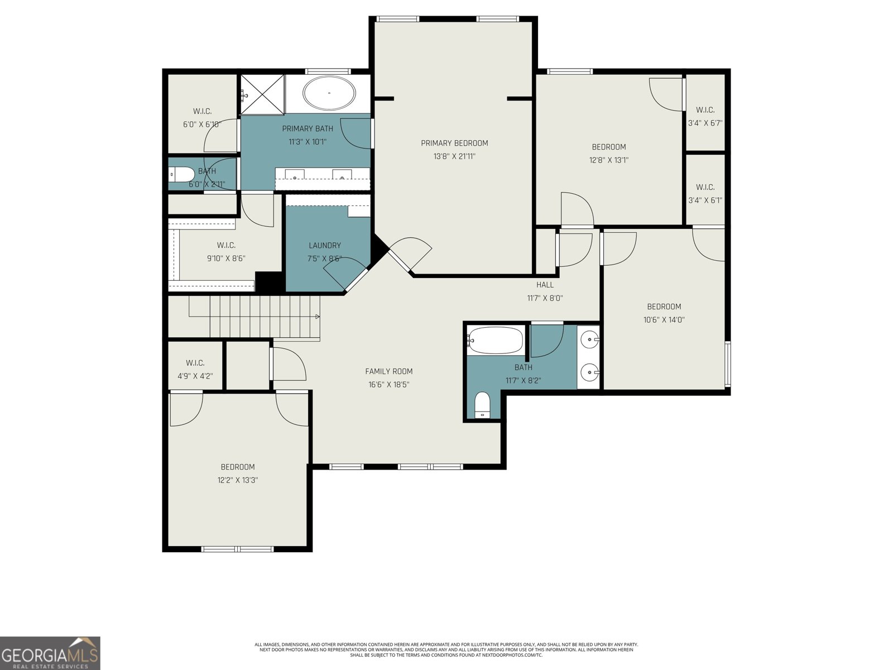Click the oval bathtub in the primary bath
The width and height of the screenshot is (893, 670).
pyautogui.click(x=329, y=93)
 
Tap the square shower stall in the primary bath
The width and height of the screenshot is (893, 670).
pyautogui.click(x=262, y=94)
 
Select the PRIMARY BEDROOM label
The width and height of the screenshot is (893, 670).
pyautogui.click(x=454, y=143)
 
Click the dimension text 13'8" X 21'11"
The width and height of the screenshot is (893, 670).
pyautogui.click(x=454, y=157)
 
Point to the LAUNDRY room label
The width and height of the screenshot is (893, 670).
pyautogui.click(x=325, y=246)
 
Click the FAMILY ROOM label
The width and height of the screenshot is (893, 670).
pyautogui.click(x=389, y=371)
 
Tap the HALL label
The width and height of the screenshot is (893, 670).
pyautogui.click(x=545, y=285)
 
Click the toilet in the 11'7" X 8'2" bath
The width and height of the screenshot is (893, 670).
pyautogui.click(x=482, y=405)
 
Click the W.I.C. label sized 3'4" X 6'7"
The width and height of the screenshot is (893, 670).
pyautogui.click(x=705, y=110)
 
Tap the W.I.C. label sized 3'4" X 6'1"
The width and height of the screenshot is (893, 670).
pyautogui.click(x=705, y=187)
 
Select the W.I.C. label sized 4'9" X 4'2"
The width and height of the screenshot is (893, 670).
pyautogui.click(x=195, y=363)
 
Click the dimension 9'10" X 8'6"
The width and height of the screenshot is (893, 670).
pyautogui.click(x=226, y=259)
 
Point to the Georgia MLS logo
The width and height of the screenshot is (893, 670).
pyautogui.click(x=50, y=653)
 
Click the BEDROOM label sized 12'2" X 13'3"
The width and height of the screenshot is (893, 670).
pyautogui.click(x=238, y=467)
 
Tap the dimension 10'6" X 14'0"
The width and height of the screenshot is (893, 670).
pyautogui.click(x=664, y=320)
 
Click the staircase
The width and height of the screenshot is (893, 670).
pyautogui.click(x=254, y=317)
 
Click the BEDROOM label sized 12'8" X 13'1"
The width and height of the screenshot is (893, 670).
pyautogui.click(x=609, y=147)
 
